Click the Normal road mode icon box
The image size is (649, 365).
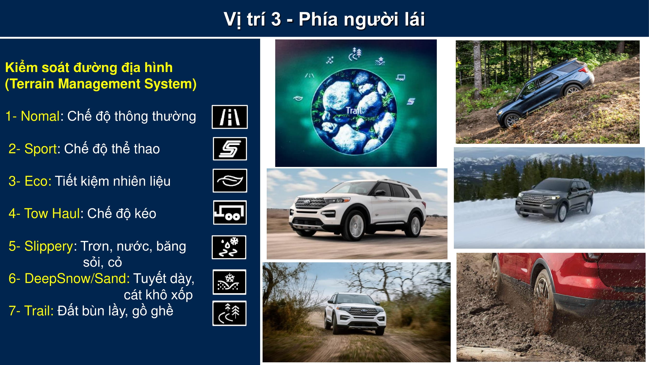[229, 117]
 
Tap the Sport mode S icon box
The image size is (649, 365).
[230, 149]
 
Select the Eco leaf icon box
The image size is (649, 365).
[230, 181]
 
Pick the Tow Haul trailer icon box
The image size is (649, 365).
[230, 212]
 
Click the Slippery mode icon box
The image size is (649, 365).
[229, 247]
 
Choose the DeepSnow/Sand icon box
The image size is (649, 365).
[229, 282]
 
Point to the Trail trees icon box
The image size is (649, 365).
[229, 313]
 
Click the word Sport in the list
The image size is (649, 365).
[41, 149]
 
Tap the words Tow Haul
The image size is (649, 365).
[52, 213]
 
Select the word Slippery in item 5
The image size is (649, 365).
[49, 246]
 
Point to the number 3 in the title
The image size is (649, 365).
[276, 19]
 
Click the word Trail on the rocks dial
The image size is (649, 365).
[354, 110]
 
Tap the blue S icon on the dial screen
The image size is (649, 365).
[411, 101]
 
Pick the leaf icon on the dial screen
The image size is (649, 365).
[298, 98]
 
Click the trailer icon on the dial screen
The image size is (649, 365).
[400, 77]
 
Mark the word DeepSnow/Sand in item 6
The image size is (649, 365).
[77, 278]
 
